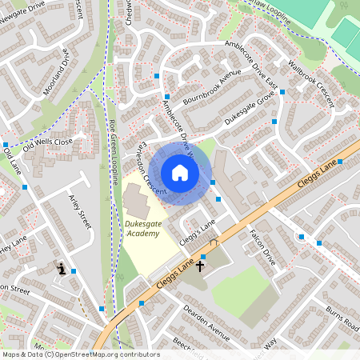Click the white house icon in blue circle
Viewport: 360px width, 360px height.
[180, 173]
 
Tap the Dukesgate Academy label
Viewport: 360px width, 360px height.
[142, 229]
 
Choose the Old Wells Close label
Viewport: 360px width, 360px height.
[47, 144]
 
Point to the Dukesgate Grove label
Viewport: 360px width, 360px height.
[249, 110]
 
